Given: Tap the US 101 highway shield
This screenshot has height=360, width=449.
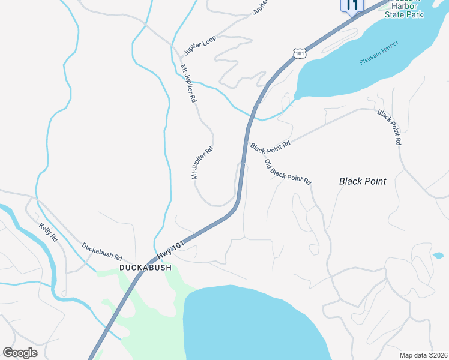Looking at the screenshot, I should coord(300,53).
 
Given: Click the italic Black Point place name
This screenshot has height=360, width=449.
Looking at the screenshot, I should coord(363,181).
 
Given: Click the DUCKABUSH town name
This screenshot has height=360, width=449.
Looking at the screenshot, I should coord(145,268).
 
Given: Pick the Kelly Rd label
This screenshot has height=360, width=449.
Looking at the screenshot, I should coord(48,232).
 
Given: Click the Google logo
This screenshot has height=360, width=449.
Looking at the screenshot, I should coord(20,353).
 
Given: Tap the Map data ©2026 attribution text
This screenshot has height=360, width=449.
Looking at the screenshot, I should coord(424,355).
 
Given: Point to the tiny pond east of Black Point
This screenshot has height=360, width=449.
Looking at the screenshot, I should coord(438,256).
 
